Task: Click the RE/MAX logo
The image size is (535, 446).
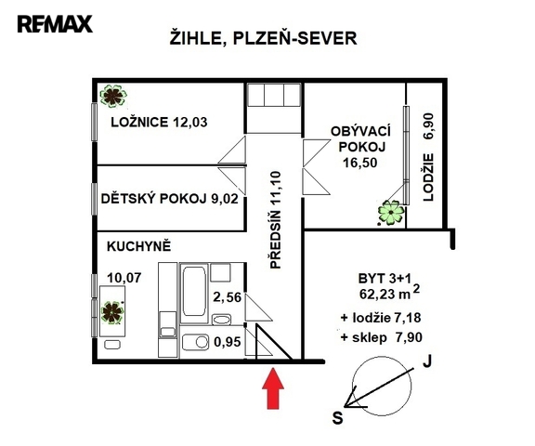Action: pyautogui.click(x=55, y=24)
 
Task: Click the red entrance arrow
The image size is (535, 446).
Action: pyautogui.click(x=273, y=388)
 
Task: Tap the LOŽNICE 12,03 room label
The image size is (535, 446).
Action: pyautogui.click(x=159, y=122)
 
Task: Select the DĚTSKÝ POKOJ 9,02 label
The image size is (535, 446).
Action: pyautogui.click(x=169, y=198)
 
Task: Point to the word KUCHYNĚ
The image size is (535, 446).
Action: pyautogui.click(x=139, y=245)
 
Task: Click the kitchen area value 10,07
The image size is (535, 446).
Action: pyautogui.click(x=124, y=278)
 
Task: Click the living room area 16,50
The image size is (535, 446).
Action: pyautogui.click(x=360, y=163)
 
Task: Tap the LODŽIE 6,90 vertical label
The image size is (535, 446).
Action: pyautogui.click(x=428, y=157)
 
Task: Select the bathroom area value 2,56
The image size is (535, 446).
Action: pyautogui.click(x=228, y=297)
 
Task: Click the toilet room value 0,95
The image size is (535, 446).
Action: pyautogui.click(x=228, y=342)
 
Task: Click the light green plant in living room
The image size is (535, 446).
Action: pyautogui.click(x=391, y=212)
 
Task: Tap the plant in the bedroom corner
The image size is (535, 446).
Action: pyautogui.click(x=113, y=97)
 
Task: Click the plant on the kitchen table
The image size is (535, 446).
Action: pyautogui.click(x=111, y=312)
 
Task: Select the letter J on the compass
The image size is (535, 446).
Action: pyautogui.click(x=427, y=361)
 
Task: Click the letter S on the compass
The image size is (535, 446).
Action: pyautogui.click(x=337, y=417)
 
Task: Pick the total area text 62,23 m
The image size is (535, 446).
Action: pyautogui.click(x=385, y=294)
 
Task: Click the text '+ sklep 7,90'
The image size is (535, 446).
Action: pyautogui.click(x=382, y=337)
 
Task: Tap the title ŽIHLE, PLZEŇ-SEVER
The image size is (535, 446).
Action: pyautogui.click(x=263, y=38)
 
